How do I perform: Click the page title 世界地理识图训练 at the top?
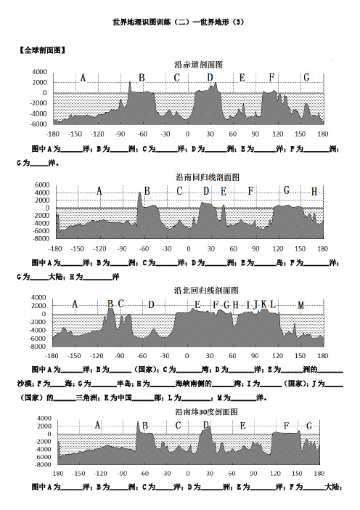[142, 22]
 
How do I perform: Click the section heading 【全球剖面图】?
[42, 50]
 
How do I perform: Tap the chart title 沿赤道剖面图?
[198, 65]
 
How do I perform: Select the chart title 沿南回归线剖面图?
[208, 177]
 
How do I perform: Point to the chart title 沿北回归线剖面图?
[206, 291]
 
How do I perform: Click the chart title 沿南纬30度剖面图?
[207, 412]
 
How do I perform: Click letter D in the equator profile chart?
[210, 78]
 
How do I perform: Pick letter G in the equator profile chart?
[306, 78]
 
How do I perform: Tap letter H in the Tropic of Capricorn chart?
[314, 192]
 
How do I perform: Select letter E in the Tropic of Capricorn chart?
[224, 191]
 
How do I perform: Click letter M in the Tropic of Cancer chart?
[301, 305]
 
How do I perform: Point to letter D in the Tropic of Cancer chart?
[151, 304]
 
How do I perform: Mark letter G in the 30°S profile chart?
[309, 426]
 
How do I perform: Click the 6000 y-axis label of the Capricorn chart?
[42, 185]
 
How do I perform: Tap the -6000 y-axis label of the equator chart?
[38, 124]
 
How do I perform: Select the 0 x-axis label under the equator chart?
[187, 134]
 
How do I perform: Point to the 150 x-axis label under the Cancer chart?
[300, 355]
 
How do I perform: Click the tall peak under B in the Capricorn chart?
[139, 194]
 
